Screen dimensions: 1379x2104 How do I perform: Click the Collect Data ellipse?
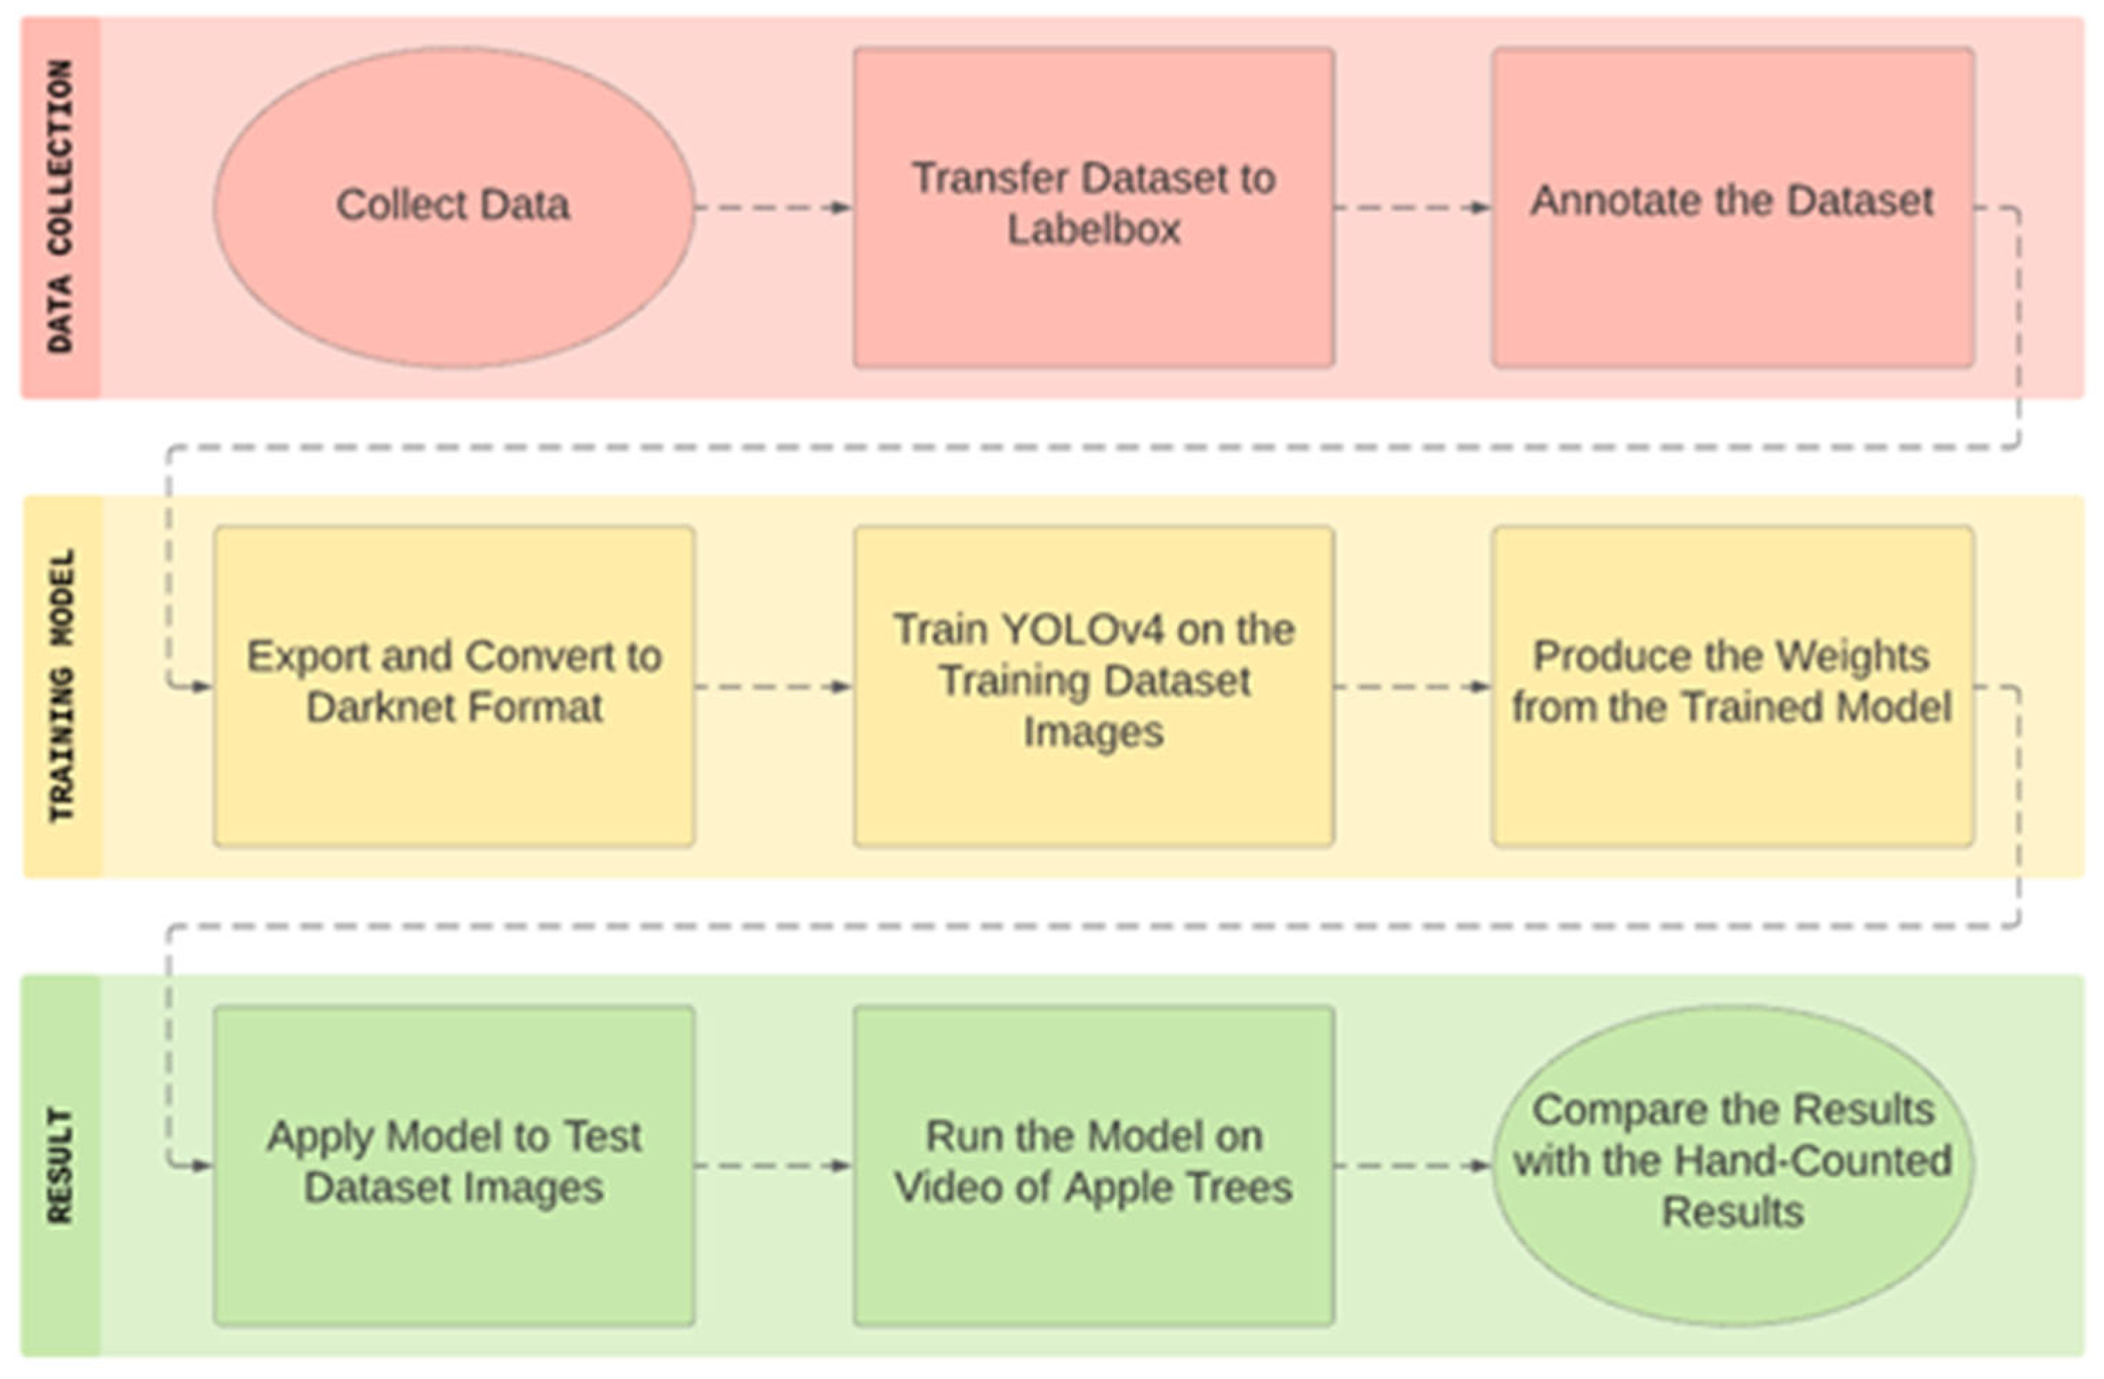(453, 207)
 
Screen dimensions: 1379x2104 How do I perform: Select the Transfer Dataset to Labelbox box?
(1094, 207)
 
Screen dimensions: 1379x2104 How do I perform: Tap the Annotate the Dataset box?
(1733, 207)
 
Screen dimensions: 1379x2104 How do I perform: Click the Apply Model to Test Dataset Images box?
(453, 1165)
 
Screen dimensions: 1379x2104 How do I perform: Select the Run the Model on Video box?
(1094, 1165)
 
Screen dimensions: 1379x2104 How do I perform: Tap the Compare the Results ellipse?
(1733, 1165)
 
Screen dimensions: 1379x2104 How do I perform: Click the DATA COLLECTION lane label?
(60, 207)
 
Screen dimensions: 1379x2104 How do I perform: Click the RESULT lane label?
(60, 1165)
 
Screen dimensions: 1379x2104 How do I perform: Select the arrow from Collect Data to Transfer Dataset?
(773, 208)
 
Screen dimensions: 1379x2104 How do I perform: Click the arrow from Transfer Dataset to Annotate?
(1413, 208)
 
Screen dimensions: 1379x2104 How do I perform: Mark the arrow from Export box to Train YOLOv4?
(773, 687)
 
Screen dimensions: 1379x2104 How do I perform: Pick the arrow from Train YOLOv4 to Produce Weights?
(1413, 687)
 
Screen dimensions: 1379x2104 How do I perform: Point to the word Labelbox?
(1094, 230)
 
